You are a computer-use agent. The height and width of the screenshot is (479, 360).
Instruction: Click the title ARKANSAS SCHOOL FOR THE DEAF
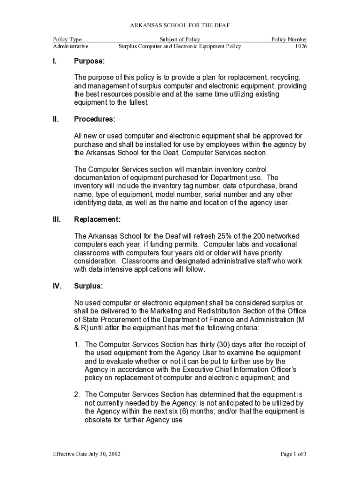(x=180, y=25)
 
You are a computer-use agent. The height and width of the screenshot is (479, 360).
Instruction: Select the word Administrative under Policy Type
(x=71, y=47)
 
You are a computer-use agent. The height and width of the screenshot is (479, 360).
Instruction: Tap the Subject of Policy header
(x=180, y=40)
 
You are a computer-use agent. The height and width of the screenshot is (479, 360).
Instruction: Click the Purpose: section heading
(x=89, y=61)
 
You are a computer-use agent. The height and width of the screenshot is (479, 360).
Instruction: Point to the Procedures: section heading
(x=94, y=119)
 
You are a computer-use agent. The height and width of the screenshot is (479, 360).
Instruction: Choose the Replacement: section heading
(x=97, y=219)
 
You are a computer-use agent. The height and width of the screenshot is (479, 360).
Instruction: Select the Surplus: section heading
(x=88, y=286)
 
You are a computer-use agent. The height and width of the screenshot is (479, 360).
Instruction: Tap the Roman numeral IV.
(x=57, y=286)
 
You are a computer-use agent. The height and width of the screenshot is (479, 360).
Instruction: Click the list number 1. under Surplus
(x=78, y=345)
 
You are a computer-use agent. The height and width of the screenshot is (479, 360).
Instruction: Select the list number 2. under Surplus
(x=78, y=394)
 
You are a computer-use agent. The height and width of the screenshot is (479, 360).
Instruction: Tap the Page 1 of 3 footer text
(x=293, y=454)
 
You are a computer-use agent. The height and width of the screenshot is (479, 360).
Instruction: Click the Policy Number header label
(x=289, y=40)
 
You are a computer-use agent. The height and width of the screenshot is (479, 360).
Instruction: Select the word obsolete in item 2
(x=98, y=420)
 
